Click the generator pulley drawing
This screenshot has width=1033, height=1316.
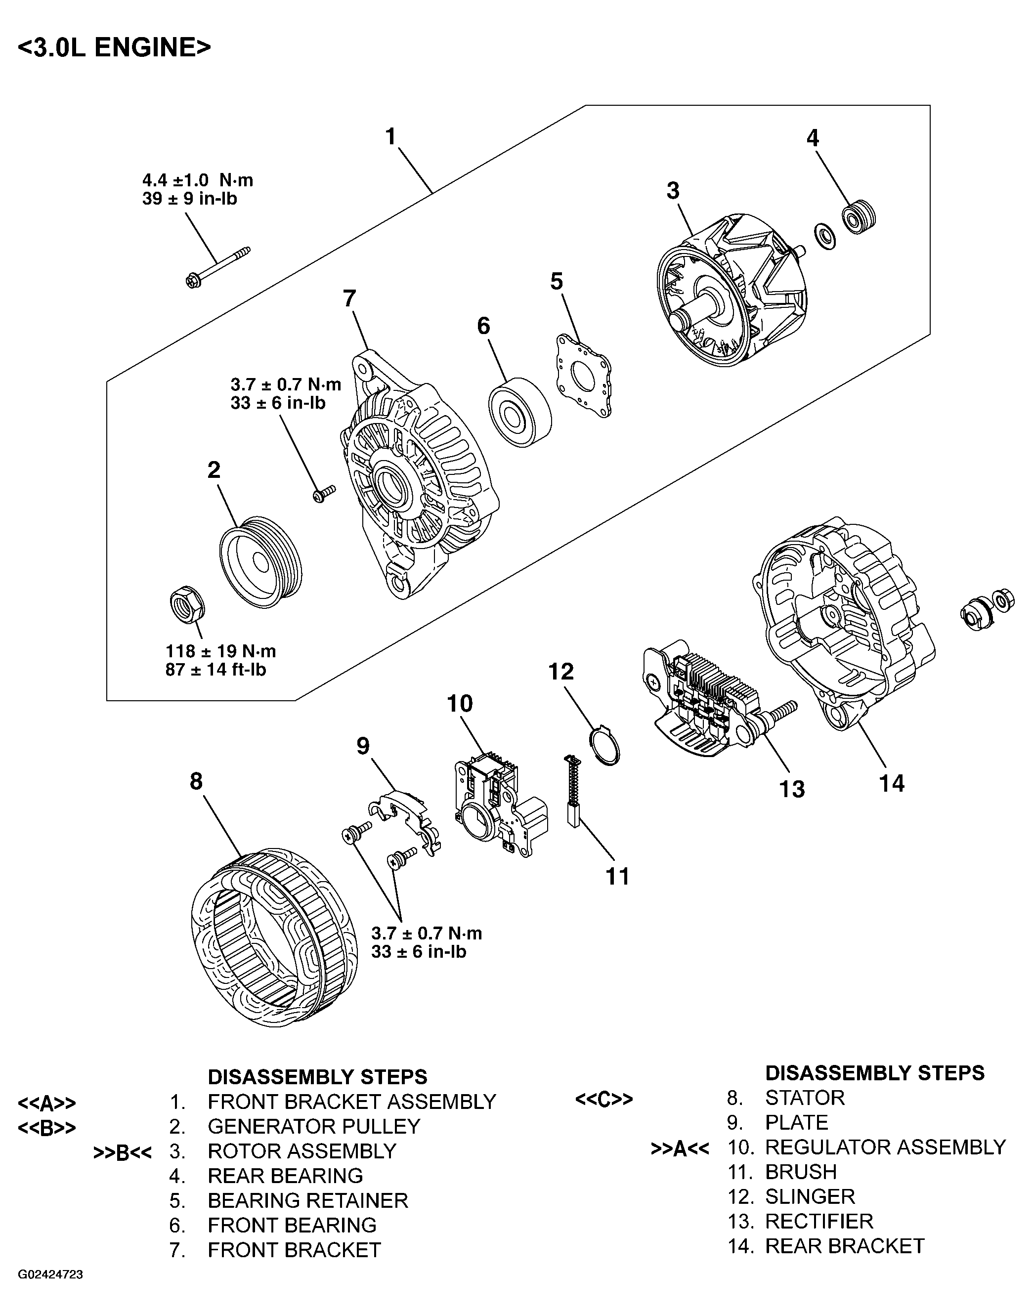[260, 563]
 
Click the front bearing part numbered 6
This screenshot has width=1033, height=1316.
[519, 413]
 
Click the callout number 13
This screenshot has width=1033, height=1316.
[792, 789]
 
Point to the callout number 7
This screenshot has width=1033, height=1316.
[349, 298]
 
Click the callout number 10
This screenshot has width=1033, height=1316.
[460, 703]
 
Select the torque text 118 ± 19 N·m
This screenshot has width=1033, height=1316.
[221, 651]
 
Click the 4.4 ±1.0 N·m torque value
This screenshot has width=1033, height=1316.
[197, 180]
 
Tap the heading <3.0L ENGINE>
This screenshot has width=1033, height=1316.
[114, 47]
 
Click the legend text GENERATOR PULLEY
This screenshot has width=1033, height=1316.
[313, 1126]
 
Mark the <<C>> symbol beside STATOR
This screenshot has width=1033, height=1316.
[603, 1099]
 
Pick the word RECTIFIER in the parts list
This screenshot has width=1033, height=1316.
[819, 1221]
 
